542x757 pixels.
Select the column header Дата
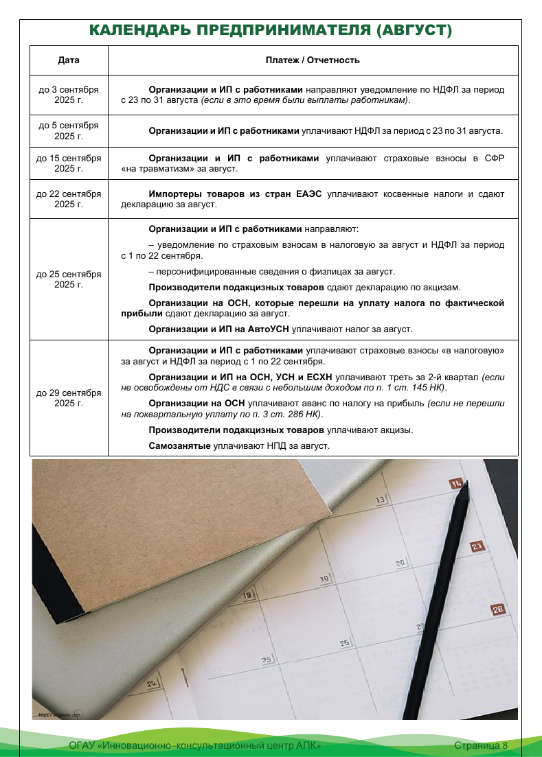point(69,60)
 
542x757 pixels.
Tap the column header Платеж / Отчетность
point(313,60)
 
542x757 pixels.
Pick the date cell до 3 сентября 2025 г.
point(69,95)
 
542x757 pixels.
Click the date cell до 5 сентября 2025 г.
point(69,130)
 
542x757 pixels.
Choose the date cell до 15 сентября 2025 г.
point(69,163)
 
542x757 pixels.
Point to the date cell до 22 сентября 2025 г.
point(69,199)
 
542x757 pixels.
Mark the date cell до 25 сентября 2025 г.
point(69,279)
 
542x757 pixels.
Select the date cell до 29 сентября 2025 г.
point(69,398)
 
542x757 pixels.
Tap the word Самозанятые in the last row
point(180,445)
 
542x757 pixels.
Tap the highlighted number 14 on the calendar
point(456,483)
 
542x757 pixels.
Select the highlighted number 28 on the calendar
point(498,609)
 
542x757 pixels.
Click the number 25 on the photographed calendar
point(267,660)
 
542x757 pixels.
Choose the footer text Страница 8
point(481,745)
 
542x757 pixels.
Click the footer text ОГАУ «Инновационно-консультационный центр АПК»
point(195,745)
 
